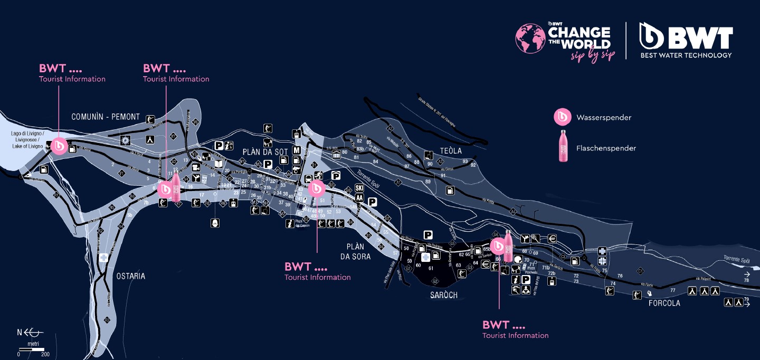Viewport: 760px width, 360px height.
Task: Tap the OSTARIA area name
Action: [x=130, y=276]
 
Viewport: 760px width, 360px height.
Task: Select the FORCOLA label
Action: [x=664, y=304]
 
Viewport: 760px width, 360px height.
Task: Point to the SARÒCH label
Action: [x=443, y=295]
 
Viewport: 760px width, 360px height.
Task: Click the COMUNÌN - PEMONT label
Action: [x=106, y=117]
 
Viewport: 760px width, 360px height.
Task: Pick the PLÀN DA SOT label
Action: [x=265, y=152]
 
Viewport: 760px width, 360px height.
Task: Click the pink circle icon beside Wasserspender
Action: [x=563, y=117]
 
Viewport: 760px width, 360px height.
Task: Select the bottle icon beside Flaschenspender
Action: [x=563, y=146]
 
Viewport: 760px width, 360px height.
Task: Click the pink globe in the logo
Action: [x=531, y=39]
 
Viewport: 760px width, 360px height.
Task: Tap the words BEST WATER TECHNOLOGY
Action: [x=686, y=55]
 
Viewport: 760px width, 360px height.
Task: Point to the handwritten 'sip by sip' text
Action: [x=593, y=56]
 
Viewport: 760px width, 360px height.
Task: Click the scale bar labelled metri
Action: [x=32, y=349]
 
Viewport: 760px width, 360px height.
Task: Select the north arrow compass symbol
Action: [x=31, y=333]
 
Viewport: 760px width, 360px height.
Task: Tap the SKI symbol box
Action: [x=360, y=188]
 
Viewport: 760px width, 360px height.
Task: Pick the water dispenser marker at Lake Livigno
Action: [x=59, y=145]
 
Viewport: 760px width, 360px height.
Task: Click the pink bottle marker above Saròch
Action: [x=508, y=246]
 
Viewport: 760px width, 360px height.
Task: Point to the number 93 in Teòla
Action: [x=465, y=162]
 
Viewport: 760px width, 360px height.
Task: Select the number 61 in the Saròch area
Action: [x=431, y=268]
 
